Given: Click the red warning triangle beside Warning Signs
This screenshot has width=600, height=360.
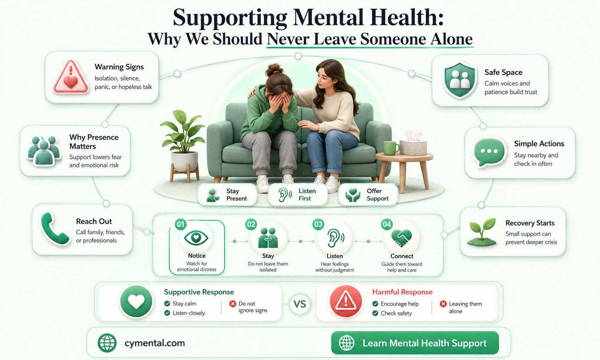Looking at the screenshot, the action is tap(71, 77).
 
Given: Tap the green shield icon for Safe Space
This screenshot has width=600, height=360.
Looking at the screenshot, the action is tap(460, 80).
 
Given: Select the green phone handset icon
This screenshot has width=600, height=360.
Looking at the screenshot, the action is tap(54, 229).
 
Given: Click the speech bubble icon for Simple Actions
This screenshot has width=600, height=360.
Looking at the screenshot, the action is tap(489, 152).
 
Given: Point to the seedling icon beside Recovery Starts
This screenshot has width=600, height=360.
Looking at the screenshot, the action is tap(482, 232).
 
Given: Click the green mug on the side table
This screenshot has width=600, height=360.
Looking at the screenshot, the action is tap(391, 148).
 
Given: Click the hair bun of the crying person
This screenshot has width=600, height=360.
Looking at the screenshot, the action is tap(275, 70).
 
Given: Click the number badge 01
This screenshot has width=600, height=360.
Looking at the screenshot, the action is tap(180, 224).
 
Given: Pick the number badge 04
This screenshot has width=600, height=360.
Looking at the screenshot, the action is tap(387, 224).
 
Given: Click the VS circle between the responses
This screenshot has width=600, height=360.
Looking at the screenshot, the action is tap(300, 304).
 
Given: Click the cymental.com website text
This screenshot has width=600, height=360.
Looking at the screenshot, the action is tap(155, 343).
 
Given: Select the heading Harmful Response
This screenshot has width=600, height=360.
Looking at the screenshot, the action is tap(402, 292).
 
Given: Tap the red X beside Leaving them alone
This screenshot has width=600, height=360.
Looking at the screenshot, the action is tap(443, 304).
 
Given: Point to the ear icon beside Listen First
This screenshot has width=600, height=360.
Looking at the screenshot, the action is tap(285, 195).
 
